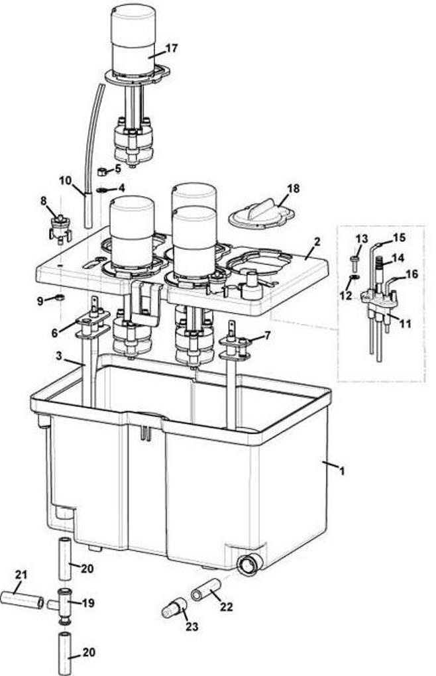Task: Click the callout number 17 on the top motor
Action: (172, 48)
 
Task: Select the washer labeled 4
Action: (102, 190)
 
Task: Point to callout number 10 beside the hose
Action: (65, 180)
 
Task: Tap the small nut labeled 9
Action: (59, 298)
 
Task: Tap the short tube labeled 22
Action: (205, 590)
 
